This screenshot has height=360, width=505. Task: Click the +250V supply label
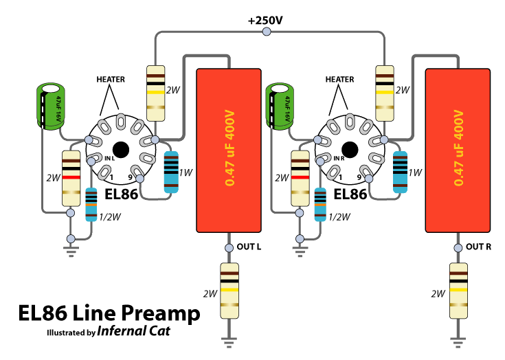pyautogui.click(x=265, y=21)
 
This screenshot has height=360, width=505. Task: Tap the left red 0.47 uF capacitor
pyautogui.click(x=228, y=150)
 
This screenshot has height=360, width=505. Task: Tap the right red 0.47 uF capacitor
pyautogui.click(x=456, y=150)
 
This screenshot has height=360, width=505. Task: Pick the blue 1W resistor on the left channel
pyautogui.click(x=172, y=172)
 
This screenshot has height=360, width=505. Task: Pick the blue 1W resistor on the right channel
pyautogui.click(x=400, y=172)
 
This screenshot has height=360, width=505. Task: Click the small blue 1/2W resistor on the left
pyautogui.click(x=91, y=204)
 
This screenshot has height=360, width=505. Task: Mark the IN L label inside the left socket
pyautogui.click(x=109, y=160)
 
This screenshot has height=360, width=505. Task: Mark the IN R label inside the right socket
pyautogui.click(x=337, y=160)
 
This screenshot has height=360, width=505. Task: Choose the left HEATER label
pyautogui.click(x=110, y=80)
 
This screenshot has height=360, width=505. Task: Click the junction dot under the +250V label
pyautogui.click(x=266, y=31)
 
